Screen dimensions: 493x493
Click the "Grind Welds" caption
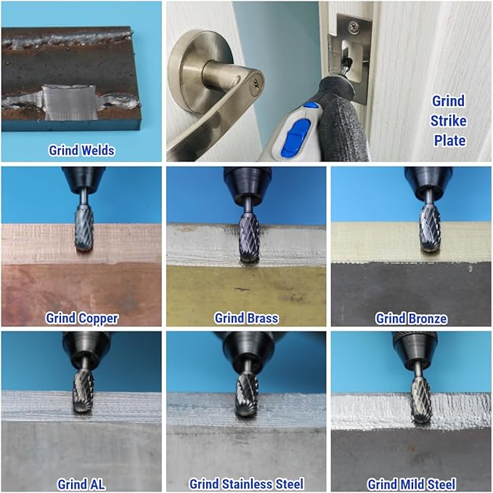(x=81, y=151)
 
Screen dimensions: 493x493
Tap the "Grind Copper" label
(x=82, y=318)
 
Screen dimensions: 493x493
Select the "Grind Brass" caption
(x=246, y=318)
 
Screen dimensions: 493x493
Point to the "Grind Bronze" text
(x=411, y=318)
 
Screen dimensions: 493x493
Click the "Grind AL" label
(x=81, y=484)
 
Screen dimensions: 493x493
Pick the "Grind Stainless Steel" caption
(x=246, y=484)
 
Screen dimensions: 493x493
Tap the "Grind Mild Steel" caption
(x=411, y=484)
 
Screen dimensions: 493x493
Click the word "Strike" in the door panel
(x=449, y=121)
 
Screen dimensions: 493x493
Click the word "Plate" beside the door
(x=449, y=141)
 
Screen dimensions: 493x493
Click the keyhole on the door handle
(x=258, y=82)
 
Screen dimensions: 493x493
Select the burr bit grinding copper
(x=84, y=229)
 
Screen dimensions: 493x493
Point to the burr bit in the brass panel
(x=249, y=239)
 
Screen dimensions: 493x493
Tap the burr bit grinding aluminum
(x=83, y=391)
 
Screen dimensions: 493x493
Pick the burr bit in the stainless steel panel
(x=247, y=396)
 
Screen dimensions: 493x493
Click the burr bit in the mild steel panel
(x=422, y=400)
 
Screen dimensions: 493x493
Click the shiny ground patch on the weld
(x=70, y=102)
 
